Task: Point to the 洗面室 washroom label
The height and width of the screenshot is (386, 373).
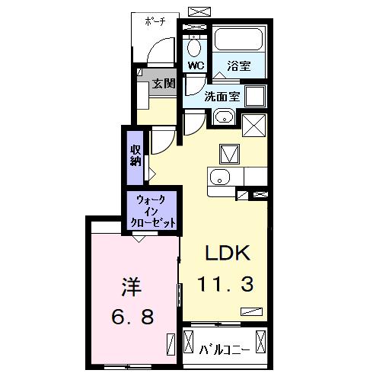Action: tap(222, 97)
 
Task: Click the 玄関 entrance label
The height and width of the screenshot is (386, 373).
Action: tap(161, 83)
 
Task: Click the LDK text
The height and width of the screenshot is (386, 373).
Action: tap(225, 254)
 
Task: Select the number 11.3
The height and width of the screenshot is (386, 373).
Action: tap(225, 284)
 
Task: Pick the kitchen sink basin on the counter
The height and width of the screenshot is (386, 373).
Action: tap(218, 179)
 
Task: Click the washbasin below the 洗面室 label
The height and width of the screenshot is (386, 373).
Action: tap(223, 117)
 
